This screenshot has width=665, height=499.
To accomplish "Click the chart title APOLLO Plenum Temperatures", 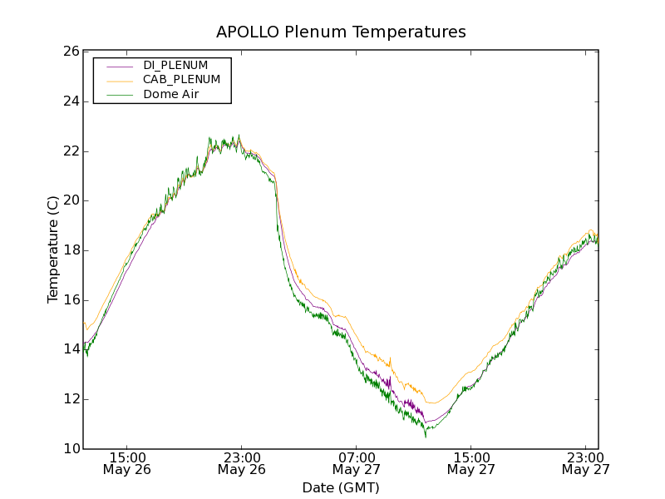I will pos(341,32).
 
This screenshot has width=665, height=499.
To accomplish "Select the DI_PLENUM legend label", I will pos(175,65).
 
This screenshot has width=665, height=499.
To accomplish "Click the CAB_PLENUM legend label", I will pos(181,80).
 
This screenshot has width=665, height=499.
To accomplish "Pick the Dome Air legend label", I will pos(170,94).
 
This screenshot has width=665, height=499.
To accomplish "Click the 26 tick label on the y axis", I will pos(71,52).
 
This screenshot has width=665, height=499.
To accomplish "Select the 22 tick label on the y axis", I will pos(71,151).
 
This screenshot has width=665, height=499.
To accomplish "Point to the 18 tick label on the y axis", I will pos(71,250).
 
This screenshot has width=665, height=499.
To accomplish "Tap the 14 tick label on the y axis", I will pos(71,349).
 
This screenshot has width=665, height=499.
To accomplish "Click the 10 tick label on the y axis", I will pos(71,449).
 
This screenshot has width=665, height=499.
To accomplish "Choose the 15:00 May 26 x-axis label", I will pos(128,463).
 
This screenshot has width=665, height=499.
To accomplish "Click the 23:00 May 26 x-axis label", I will pos(243,463).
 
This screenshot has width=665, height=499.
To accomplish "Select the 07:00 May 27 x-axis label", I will pos(357,463).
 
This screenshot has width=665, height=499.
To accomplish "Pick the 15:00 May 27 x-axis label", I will pos(471,463).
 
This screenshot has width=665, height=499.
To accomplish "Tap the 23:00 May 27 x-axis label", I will pos(586,463).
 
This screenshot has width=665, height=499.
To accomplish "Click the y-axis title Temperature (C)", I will pos(53,249).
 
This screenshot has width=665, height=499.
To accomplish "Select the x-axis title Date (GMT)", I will pos(341,487).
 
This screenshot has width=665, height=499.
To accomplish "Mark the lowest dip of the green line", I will pos(426,437).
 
